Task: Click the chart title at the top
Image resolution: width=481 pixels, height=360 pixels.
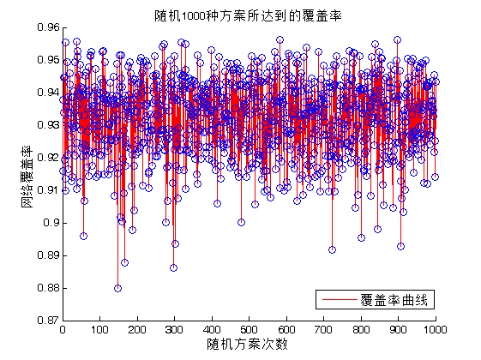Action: tap(248, 15)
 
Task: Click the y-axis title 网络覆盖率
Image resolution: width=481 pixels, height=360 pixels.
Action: tap(27, 176)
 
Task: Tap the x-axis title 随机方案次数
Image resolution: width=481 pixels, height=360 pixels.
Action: tap(247, 344)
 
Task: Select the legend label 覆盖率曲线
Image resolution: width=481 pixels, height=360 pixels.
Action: tap(394, 300)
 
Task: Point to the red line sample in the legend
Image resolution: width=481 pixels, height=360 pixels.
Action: tap(340, 300)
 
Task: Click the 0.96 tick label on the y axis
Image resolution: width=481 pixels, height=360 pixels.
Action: tap(48, 27)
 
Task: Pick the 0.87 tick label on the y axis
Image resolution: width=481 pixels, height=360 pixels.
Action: tap(48, 321)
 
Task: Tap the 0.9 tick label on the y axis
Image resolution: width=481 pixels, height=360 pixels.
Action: tap(51, 223)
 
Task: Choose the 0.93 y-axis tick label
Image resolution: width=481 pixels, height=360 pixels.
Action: tap(48, 125)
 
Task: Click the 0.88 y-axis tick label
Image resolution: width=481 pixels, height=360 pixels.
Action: tap(48, 288)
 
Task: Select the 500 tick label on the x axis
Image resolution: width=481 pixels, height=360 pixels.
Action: tap(249, 330)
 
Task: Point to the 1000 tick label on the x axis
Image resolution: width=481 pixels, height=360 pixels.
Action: tap(436, 330)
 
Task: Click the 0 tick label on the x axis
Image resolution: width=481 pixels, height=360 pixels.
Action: tap(63, 330)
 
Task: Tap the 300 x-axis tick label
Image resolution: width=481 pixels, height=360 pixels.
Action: tap(174, 330)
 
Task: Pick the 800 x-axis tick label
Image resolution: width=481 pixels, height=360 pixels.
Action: tap(361, 330)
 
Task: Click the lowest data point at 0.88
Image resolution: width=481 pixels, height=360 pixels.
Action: tap(117, 288)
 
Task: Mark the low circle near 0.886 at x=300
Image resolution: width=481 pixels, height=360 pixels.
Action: tap(174, 267)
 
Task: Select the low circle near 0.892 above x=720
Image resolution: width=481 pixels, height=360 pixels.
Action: tap(332, 250)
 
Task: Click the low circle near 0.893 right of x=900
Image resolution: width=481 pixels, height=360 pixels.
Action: tap(400, 246)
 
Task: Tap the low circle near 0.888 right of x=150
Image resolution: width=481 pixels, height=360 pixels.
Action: tap(124, 262)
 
